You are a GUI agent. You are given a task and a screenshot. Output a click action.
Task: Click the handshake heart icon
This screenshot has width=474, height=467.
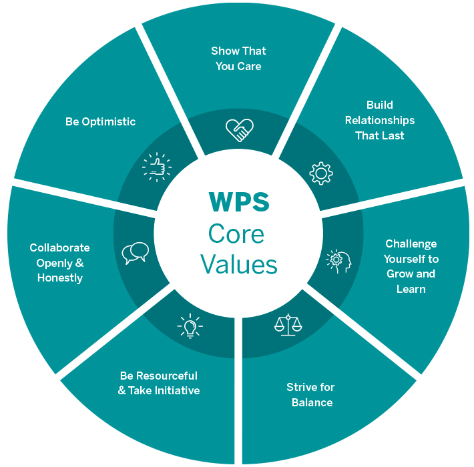point(239,129)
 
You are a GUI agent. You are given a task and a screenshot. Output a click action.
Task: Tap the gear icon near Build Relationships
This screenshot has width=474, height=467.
point(320,173)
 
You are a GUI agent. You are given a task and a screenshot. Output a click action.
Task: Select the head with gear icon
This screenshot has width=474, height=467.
point(338,261)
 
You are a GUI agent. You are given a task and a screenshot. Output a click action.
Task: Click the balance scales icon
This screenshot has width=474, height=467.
point(288,324)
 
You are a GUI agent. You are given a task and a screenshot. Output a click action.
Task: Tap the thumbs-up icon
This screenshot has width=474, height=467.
point(156,167)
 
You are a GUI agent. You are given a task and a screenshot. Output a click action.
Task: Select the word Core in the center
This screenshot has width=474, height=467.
point(236,234)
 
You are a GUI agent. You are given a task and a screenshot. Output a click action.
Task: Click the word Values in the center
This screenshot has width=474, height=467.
point(238,264)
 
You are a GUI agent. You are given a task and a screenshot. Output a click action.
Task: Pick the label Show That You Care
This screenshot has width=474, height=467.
point(238,59)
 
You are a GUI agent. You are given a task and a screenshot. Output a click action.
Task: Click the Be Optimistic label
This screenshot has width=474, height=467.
point(100,121)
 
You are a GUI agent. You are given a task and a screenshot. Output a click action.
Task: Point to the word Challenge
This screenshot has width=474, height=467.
point(411,244)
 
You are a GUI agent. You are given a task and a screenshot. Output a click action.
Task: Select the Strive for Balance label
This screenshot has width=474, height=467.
point(310,395)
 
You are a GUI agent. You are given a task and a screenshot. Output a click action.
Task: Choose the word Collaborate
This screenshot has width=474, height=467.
point(59,248)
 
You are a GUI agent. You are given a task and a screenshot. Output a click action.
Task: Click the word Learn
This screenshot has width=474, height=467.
point(411,289)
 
